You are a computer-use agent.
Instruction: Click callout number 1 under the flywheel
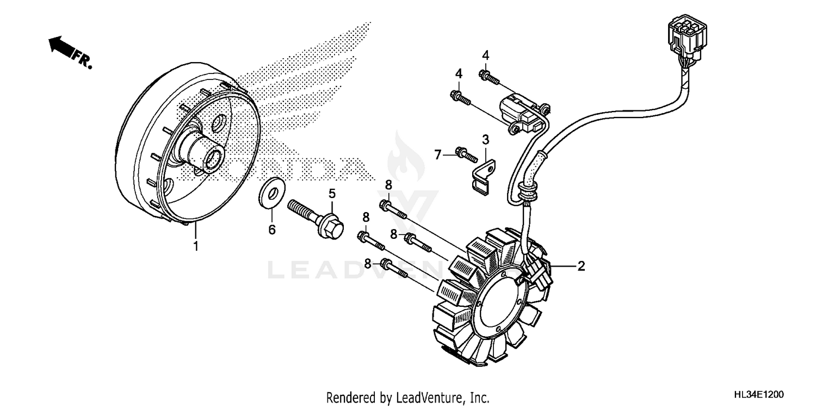[x=195, y=246]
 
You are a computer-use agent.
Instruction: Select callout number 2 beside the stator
[x=581, y=266]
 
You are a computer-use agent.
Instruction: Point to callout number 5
[x=331, y=193]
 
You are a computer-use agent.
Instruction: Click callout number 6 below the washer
[x=271, y=230]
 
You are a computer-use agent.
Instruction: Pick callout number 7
[x=438, y=155]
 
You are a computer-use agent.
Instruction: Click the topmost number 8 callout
[x=388, y=185]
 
